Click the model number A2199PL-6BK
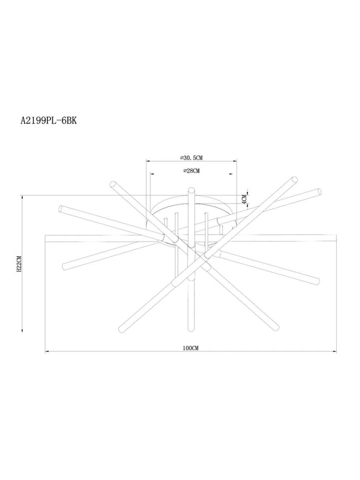tap(49, 120)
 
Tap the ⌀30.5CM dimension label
tap(191, 158)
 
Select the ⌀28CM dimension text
tap(191, 171)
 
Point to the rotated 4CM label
tap(244, 199)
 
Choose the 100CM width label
tap(191, 348)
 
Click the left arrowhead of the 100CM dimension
tap(46, 351)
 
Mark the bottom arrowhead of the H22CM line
tap(23, 329)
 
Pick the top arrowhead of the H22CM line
tap(23, 197)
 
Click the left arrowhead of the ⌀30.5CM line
tap(147, 161)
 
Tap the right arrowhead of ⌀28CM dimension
tap(230, 174)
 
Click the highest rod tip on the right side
tap(295, 179)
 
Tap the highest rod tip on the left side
tap(112, 184)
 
